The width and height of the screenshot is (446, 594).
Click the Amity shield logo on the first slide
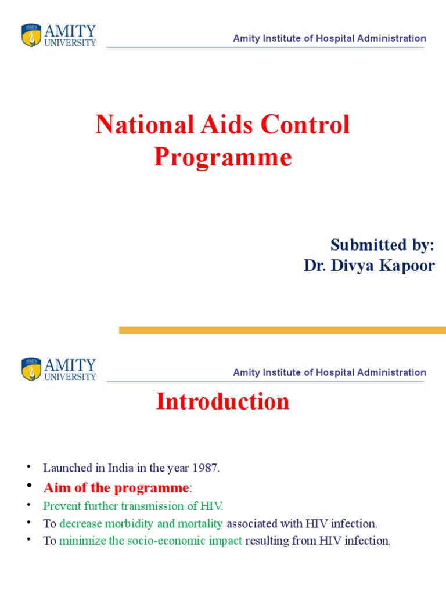click(x=31, y=35)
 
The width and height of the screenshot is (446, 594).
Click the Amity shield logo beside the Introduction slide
click(x=31, y=370)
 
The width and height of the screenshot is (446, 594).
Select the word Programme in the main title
click(x=222, y=157)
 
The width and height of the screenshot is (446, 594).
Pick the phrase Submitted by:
click(x=382, y=245)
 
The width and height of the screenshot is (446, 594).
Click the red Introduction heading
click(x=222, y=401)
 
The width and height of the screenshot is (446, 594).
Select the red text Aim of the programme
click(x=116, y=487)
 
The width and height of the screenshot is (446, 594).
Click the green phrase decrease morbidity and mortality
click(x=141, y=524)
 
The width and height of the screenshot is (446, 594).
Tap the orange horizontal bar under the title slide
click(x=282, y=330)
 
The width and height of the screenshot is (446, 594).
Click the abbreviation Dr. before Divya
click(x=314, y=266)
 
